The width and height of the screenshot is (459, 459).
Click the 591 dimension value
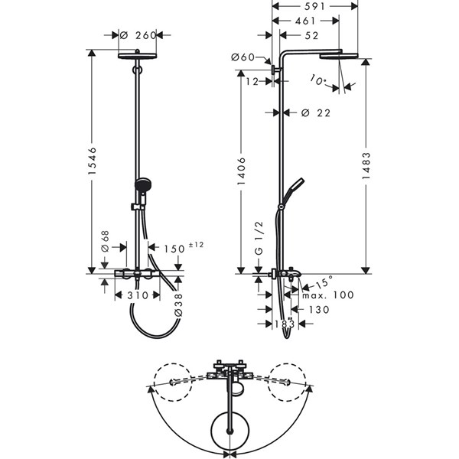coord(314,6)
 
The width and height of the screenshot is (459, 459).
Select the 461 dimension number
coord(305,21)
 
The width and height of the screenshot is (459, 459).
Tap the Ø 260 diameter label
coord(138,35)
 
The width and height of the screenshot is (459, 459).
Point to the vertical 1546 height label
coord(93,161)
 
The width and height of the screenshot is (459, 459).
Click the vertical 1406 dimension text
coord(241,171)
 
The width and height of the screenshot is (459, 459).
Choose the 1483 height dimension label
coord(366,166)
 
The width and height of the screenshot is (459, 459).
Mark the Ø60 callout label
coord(243,57)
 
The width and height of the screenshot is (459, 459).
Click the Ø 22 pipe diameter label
coord(316,112)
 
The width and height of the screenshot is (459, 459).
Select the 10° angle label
coord(317,80)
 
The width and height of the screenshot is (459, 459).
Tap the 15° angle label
coord(324,282)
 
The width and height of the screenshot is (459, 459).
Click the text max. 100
coord(328,295)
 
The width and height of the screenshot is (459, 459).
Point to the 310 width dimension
coord(138,295)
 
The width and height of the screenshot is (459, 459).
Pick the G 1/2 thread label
coord(259,239)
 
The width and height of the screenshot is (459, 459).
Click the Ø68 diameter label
coord(105,241)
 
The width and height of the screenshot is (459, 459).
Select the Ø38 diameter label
coord(178,305)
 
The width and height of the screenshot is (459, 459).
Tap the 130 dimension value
coord(319,310)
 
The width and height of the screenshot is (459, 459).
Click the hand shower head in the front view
coord(142,184)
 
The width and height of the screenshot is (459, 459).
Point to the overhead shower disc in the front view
coord(137,56)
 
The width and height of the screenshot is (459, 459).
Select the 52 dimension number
coord(311,36)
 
